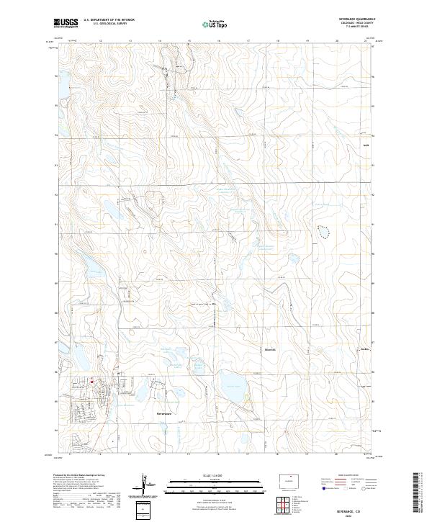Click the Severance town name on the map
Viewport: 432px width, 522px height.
[165, 413]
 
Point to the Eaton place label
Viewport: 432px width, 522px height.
[364, 351]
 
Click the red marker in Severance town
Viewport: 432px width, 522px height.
[91, 380]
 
